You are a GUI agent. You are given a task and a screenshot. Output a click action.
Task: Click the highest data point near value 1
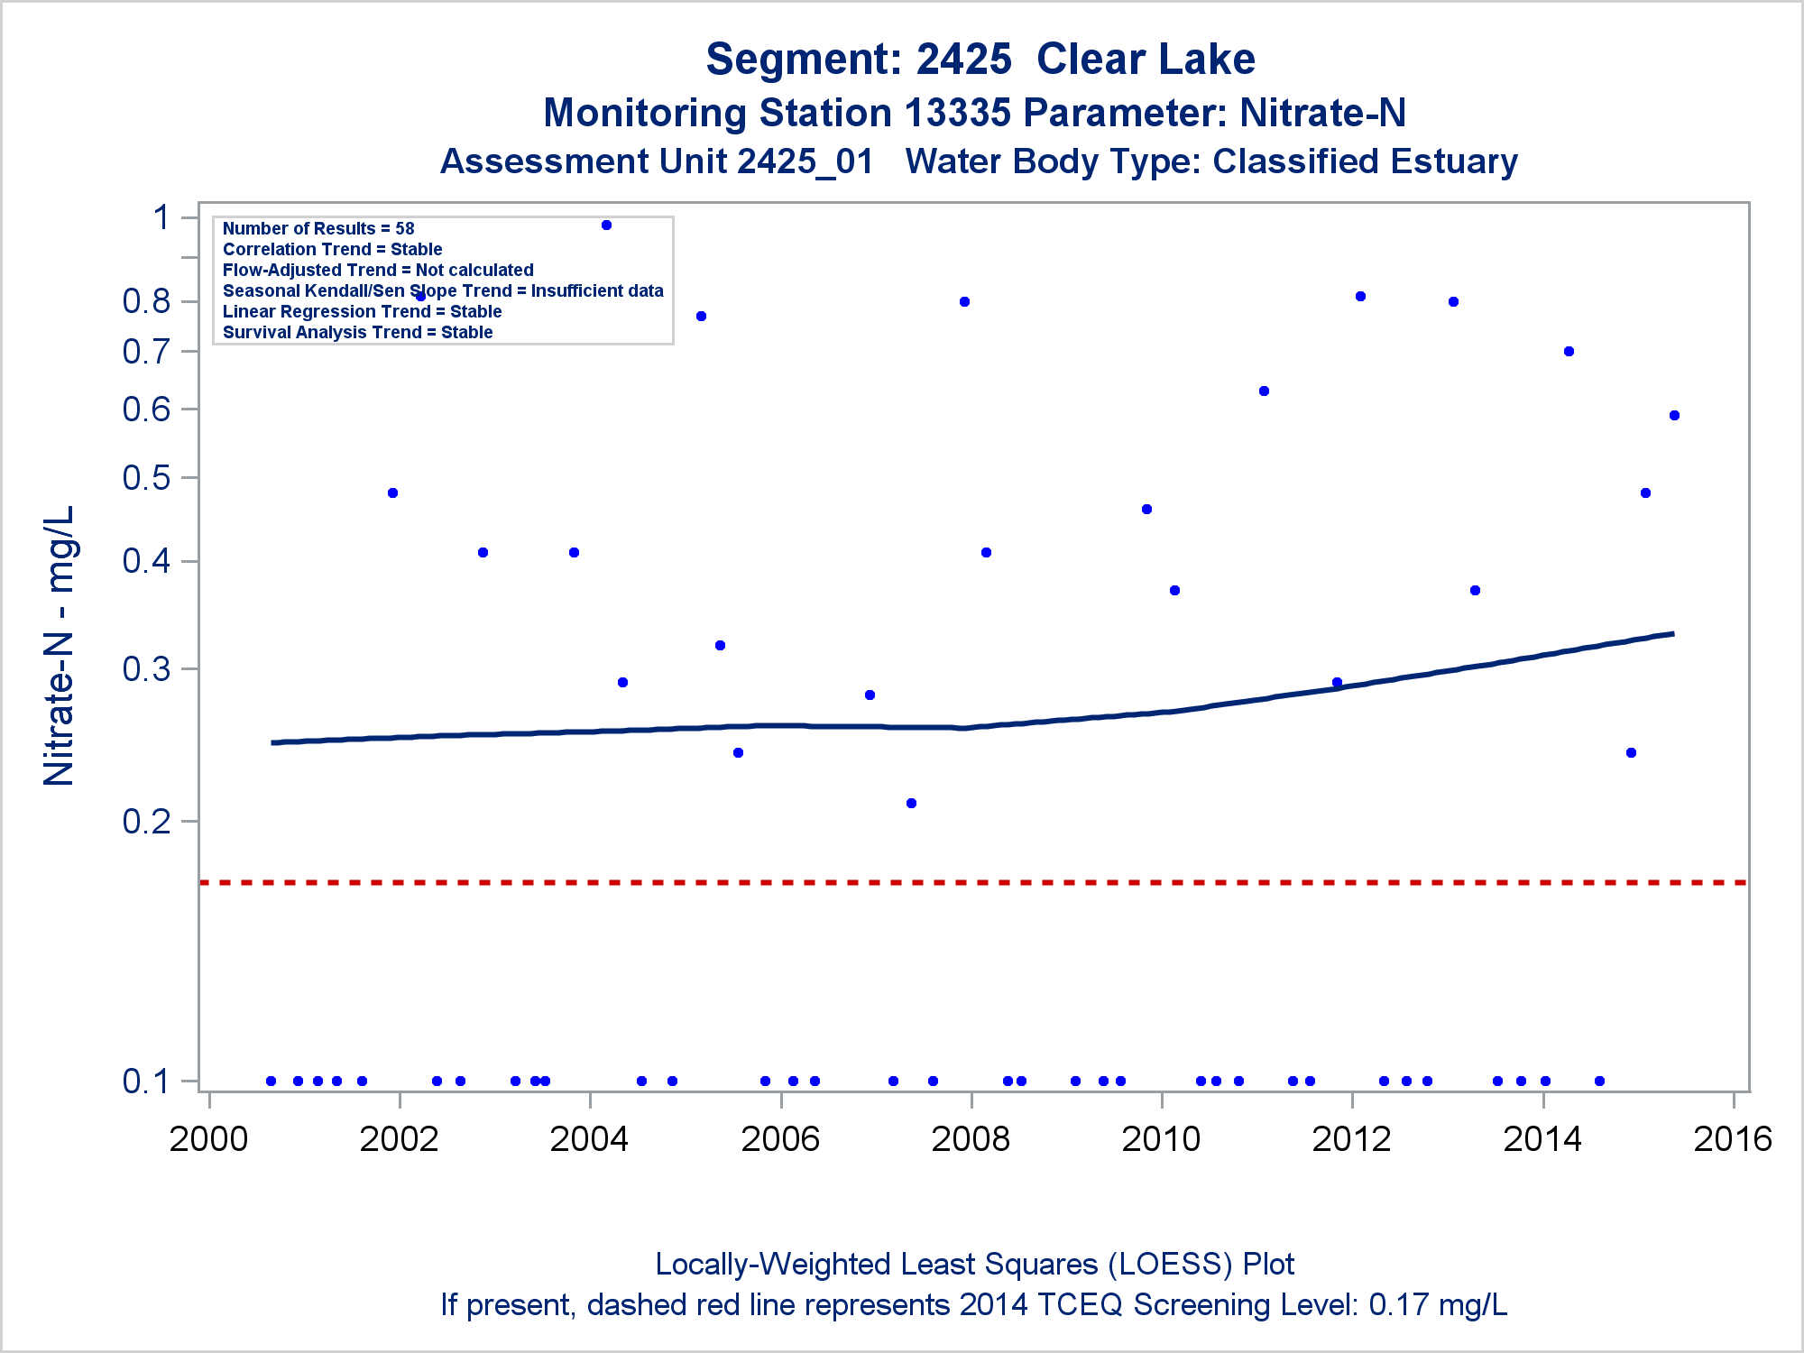[606, 225]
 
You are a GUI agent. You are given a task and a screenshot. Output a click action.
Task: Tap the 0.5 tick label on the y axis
[146, 478]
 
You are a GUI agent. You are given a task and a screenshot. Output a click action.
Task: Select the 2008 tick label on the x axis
[971, 1139]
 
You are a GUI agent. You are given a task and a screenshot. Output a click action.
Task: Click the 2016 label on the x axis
[1733, 1139]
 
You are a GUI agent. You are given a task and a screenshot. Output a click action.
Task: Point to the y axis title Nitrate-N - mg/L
[60, 646]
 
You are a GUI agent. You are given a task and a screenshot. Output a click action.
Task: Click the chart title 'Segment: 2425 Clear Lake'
[980, 60]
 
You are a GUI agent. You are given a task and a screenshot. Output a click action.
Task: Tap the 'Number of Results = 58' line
[318, 229]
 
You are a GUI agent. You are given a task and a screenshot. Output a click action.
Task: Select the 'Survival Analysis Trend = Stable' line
[357, 333]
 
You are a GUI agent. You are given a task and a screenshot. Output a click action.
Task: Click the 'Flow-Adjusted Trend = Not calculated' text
[378, 271]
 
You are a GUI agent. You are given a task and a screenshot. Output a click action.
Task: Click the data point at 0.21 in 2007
[911, 804]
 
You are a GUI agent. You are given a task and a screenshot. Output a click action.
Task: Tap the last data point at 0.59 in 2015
[1674, 416]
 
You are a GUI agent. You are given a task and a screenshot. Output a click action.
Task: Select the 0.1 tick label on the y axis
[146, 1081]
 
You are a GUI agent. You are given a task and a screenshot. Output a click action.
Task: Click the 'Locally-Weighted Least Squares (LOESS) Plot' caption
[974, 1265]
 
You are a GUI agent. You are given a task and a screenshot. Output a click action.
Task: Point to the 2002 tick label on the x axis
[399, 1139]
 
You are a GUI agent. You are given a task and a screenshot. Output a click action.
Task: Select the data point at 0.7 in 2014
[1569, 352]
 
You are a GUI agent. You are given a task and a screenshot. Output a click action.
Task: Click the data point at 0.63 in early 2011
[1264, 391]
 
